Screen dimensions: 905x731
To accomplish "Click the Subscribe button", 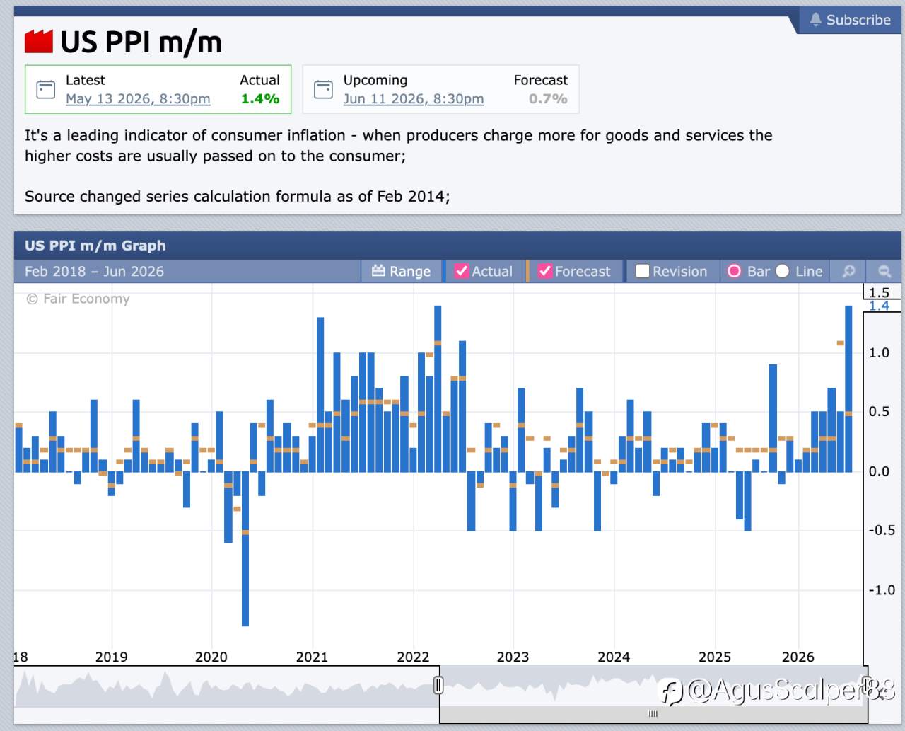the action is pyautogui.click(x=849, y=20).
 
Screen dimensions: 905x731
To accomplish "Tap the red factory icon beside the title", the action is pyautogui.click(x=39, y=42).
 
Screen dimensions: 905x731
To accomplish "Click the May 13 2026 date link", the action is pyautogui.click(x=138, y=98).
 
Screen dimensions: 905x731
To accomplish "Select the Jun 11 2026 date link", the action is pyautogui.click(x=414, y=98).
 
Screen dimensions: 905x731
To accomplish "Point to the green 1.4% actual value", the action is pyautogui.click(x=260, y=98).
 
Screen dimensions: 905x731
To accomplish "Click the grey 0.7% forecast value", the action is pyautogui.click(x=548, y=98).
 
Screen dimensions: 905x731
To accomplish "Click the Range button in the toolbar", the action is pyautogui.click(x=401, y=271).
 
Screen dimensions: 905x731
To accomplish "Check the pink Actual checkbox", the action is pyautogui.click(x=462, y=271).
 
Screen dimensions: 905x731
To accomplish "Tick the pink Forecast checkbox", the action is pyautogui.click(x=544, y=271).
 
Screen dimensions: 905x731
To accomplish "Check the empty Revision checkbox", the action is pyautogui.click(x=643, y=271).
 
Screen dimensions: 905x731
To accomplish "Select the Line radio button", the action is pyautogui.click(x=782, y=271).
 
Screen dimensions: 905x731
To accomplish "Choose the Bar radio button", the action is pyautogui.click(x=734, y=271).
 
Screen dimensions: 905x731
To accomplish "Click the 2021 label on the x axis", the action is pyautogui.click(x=312, y=657).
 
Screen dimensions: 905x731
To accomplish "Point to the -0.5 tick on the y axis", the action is pyautogui.click(x=882, y=530).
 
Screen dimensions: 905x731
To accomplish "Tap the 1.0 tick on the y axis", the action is pyautogui.click(x=879, y=353).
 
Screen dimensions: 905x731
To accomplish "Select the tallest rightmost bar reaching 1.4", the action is pyautogui.click(x=848, y=388).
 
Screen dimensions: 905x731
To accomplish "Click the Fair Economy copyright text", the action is pyautogui.click(x=78, y=299).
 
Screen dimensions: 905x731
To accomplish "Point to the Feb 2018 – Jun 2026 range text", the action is pyautogui.click(x=94, y=271).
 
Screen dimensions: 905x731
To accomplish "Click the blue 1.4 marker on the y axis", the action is pyautogui.click(x=879, y=306).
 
